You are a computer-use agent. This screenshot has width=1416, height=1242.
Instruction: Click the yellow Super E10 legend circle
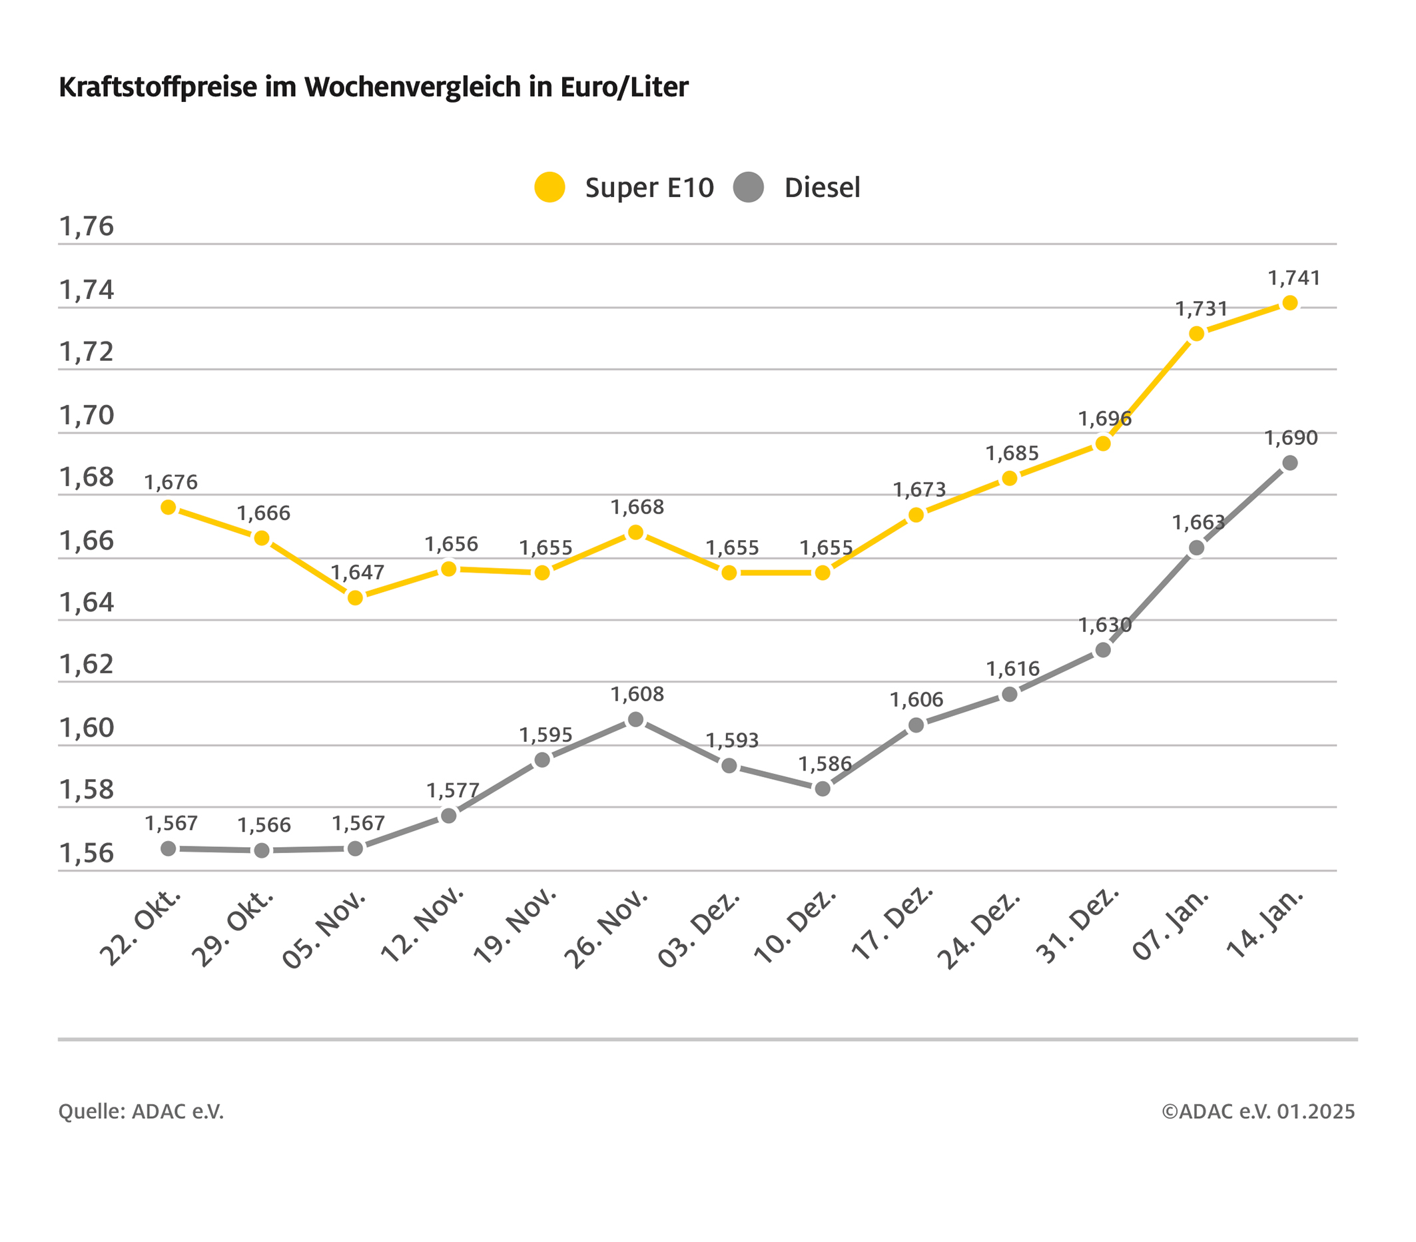[550, 187]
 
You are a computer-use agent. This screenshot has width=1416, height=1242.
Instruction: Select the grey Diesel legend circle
[748, 187]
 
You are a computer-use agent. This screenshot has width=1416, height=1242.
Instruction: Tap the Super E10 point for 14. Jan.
[1290, 303]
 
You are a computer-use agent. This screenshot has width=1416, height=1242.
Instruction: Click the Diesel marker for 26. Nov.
[635, 720]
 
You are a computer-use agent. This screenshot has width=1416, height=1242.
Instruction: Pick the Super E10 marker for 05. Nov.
[356, 597]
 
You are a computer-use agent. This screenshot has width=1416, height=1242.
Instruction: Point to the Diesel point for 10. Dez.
[823, 788]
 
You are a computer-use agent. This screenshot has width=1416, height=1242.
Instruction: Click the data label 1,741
[1293, 278]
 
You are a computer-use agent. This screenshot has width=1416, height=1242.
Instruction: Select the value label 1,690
[1291, 438]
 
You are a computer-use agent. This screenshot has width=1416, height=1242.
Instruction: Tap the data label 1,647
[357, 572]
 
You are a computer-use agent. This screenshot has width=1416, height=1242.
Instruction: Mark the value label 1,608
[637, 694]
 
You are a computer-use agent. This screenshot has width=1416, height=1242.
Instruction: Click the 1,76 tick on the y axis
[87, 226]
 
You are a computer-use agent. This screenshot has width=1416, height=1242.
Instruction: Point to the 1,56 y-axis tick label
[87, 853]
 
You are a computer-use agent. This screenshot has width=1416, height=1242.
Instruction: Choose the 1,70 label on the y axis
[87, 416]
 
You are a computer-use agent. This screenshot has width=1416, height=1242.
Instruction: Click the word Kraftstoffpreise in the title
[157, 87]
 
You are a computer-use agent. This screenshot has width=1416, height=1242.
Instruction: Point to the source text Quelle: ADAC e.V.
[141, 1111]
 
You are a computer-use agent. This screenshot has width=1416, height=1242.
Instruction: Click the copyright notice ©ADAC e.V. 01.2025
[1258, 1111]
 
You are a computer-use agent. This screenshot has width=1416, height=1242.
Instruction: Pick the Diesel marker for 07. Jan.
[1196, 548]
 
